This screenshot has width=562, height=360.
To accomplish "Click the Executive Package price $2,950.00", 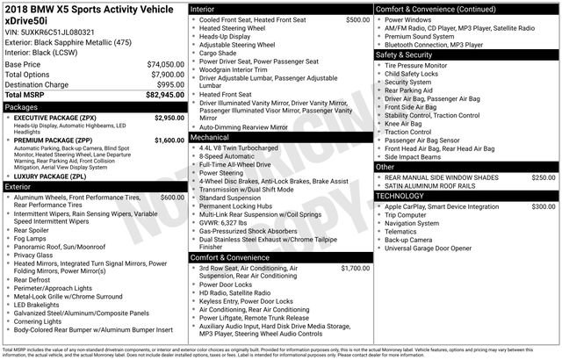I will pos(169,117).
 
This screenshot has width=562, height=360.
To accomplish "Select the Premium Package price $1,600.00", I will pos(169,140).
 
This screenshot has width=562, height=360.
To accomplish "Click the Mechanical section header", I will pos(210,137).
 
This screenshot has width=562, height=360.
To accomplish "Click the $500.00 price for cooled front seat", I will pos(357,18).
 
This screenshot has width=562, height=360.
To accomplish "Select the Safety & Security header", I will pos(407,54).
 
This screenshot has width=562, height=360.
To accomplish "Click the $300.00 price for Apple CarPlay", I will pos(543,206).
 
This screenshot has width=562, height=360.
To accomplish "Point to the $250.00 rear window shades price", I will pos(543,176).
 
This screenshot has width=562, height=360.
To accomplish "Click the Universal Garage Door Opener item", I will pos(440,247).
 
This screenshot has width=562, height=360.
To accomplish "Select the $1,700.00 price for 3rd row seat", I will pos(355,268).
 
